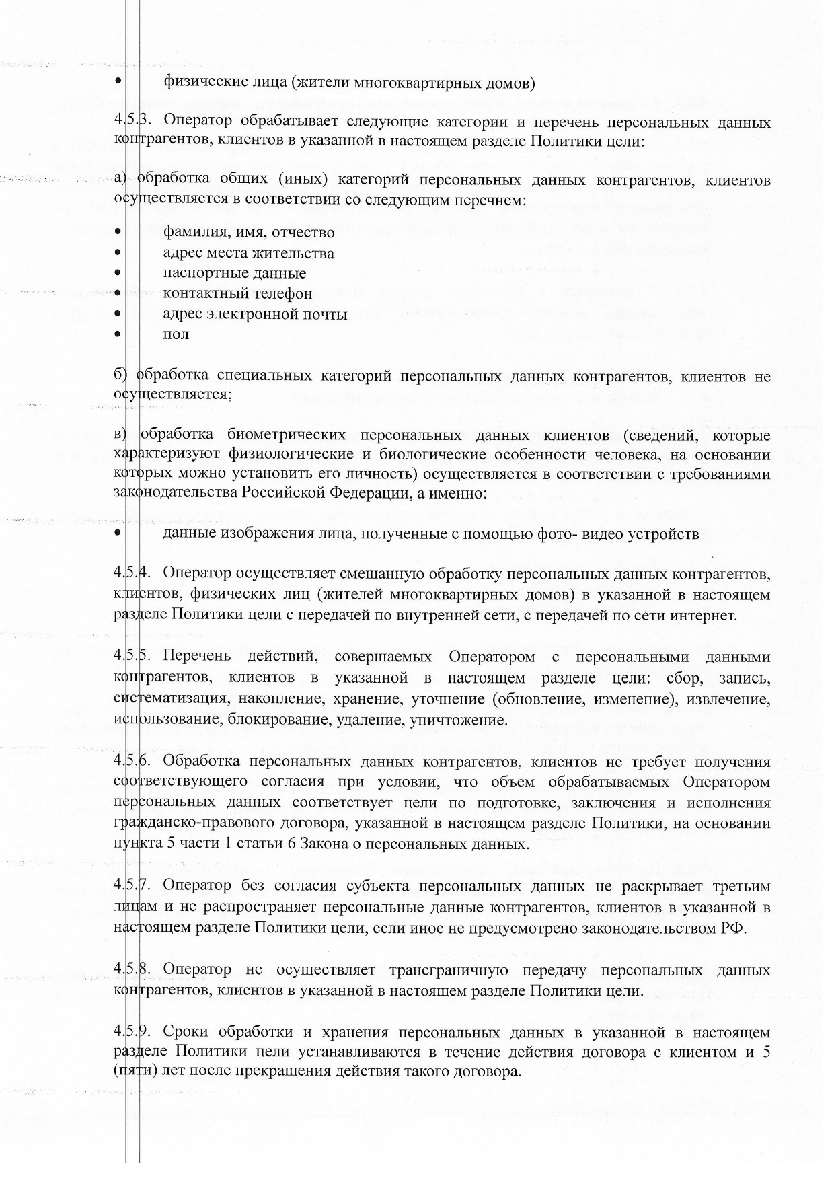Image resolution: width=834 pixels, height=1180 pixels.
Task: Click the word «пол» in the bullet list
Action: [x=176, y=334]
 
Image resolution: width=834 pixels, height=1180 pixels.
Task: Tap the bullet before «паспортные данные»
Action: [x=118, y=273]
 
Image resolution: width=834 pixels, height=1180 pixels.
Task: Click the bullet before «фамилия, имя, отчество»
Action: [x=118, y=232]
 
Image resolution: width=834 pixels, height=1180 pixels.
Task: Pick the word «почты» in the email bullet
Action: [x=326, y=314]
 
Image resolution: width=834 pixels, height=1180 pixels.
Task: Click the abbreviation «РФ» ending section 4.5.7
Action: [x=734, y=928]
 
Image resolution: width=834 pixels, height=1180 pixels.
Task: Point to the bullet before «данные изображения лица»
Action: [x=118, y=533]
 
